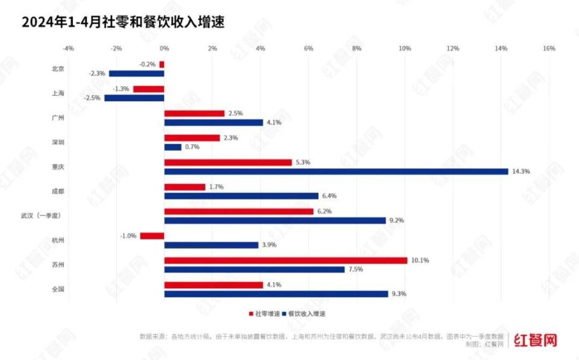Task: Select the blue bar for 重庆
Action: coord(336,171)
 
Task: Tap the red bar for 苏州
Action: coord(285,261)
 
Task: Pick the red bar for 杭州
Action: coord(152,236)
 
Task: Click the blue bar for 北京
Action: coord(136,74)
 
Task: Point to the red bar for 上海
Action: coord(148,89)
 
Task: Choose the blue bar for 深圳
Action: coord(172,147)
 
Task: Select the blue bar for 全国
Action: coord(276,294)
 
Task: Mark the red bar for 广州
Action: coord(194,113)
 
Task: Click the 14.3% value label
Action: coord(522,171)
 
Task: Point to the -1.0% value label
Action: coord(128,236)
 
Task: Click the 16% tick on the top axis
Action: coord(549,48)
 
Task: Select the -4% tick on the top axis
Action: coord(68,48)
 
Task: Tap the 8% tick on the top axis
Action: coord(356,48)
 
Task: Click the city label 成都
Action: coord(59,191)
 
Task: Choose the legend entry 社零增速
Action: coord(265,314)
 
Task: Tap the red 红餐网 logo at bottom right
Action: coord(535,341)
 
